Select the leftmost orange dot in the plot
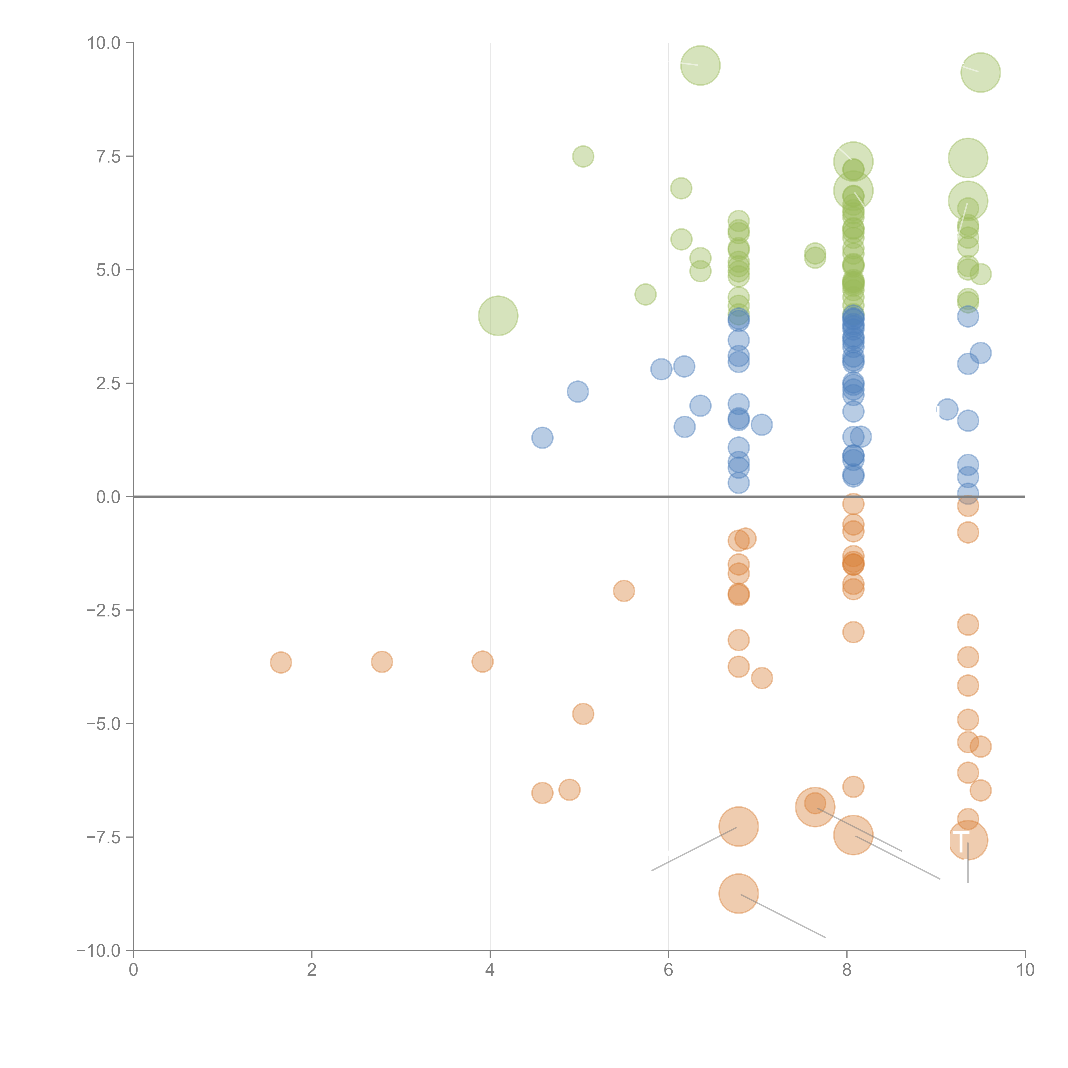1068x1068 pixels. [x=281, y=662]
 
